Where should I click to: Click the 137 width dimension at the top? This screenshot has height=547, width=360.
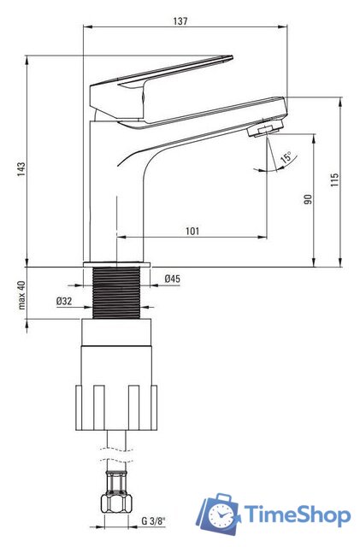180,21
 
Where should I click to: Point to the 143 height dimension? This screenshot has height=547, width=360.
21,169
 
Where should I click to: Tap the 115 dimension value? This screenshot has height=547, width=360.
334,180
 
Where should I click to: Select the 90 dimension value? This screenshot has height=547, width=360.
308,199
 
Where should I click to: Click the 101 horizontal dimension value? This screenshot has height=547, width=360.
192,231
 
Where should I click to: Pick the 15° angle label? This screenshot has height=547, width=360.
286,157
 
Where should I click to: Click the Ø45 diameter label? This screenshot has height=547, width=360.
173,279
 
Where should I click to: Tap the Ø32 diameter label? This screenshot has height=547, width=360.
64,301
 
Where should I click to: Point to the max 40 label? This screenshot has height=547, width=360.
21,295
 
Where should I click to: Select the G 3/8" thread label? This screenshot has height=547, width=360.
154,521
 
